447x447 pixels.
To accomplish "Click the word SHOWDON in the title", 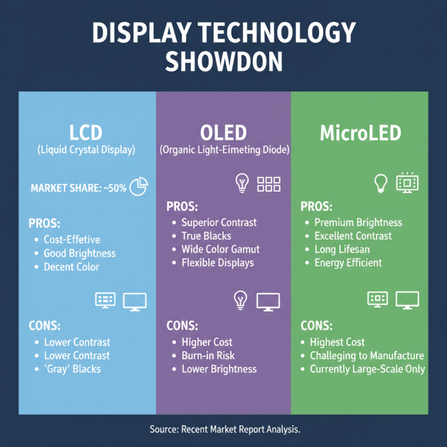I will click(223, 61).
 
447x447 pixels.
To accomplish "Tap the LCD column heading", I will click(87, 133).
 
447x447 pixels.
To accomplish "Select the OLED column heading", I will click(223, 133).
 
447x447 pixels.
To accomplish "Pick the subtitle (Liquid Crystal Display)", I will click(87, 150).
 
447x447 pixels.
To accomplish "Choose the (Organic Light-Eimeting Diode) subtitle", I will click(224, 150).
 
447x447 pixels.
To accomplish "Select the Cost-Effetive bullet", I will click(72, 240).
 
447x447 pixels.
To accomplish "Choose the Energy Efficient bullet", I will click(348, 263).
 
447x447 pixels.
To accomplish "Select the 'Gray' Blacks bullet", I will click(73, 369).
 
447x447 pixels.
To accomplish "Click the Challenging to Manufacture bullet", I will click(367, 355).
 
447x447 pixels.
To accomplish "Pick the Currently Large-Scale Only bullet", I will click(367, 369).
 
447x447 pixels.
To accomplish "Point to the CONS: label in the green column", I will click(316, 326).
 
